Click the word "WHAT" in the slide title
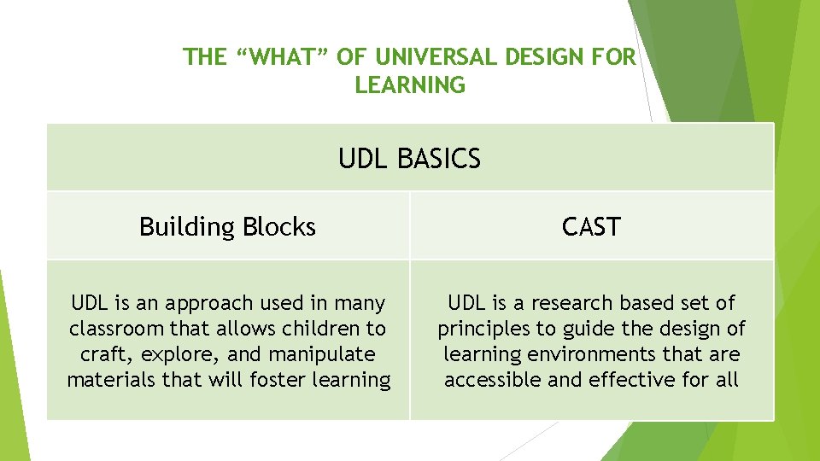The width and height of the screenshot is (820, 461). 281,57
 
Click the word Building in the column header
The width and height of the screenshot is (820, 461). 187,227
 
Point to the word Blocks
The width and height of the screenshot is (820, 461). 279,227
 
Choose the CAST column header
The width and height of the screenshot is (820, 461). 591,227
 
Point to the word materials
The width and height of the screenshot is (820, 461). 108,380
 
